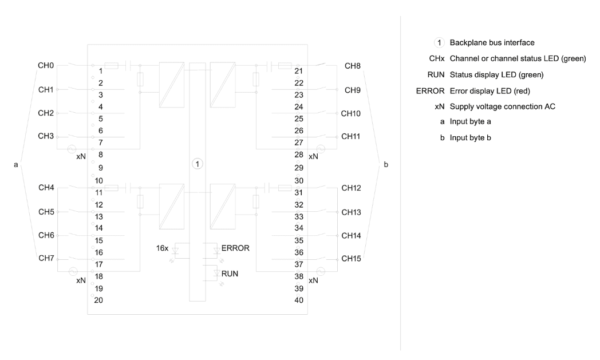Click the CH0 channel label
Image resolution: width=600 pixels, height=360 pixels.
point(46,65)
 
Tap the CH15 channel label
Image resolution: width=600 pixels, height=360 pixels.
point(351,259)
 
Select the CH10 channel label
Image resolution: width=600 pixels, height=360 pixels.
point(350,114)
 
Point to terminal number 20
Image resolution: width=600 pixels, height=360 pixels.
point(98,300)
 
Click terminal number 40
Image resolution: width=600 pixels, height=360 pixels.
point(299,300)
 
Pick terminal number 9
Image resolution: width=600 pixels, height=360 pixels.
point(101,168)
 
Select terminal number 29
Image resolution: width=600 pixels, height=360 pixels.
point(299,168)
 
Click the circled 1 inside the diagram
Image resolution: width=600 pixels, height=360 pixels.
point(197,164)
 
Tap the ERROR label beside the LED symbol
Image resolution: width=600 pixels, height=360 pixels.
point(235,248)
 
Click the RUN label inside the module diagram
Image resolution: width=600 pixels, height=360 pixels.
point(230,274)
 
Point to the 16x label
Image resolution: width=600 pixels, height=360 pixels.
point(162,248)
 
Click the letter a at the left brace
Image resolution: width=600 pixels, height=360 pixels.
point(15,165)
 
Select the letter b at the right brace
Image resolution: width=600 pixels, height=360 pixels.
point(386,164)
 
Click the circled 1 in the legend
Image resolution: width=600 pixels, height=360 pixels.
point(439,42)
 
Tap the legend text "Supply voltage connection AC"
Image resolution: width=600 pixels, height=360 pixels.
point(503,106)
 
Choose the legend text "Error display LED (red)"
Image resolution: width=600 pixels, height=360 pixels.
point(490,91)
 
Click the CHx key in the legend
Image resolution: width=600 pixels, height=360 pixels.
point(437,58)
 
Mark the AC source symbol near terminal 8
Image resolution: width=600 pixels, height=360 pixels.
point(72,149)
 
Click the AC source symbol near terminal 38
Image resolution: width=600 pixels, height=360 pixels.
point(321,272)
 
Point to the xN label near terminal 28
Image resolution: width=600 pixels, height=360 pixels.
point(313,156)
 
